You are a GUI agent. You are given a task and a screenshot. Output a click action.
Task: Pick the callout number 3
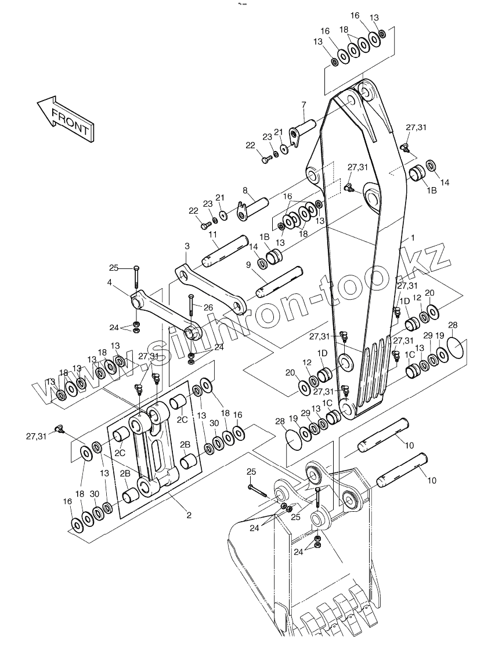click(x=186, y=247)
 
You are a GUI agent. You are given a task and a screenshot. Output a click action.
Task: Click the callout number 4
click(x=109, y=283)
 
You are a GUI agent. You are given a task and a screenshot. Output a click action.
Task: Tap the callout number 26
click(x=208, y=307)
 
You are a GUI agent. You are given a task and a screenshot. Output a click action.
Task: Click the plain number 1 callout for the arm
click(x=413, y=238)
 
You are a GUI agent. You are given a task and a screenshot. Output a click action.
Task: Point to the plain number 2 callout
click(x=189, y=515)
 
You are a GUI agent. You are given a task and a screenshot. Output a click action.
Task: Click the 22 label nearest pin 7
click(x=250, y=145)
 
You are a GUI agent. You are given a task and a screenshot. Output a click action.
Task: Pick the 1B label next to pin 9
click(x=264, y=237)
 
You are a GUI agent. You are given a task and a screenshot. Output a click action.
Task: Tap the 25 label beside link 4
click(x=113, y=267)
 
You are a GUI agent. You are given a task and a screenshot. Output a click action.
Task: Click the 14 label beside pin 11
click(x=254, y=247)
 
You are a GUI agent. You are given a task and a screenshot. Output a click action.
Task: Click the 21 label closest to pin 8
click(x=220, y=198)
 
